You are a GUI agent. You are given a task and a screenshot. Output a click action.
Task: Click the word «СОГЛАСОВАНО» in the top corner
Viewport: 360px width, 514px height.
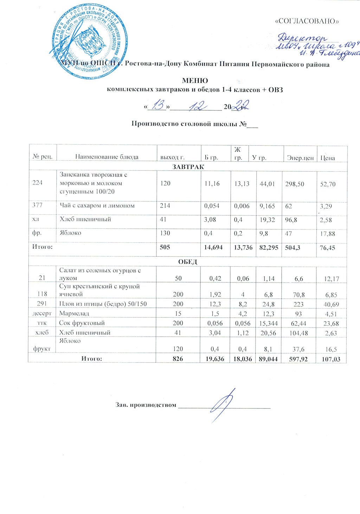[308, 21]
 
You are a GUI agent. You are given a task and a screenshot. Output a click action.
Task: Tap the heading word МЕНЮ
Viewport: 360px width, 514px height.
[194, 81]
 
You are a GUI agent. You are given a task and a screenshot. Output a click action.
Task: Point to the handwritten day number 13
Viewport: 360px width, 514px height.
[157, 106]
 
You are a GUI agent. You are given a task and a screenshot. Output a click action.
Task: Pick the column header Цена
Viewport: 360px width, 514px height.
[327, 158]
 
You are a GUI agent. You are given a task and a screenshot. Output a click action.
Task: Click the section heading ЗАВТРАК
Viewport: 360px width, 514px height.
[188, 166]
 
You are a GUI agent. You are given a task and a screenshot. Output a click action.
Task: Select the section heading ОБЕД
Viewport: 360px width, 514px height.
[188, 262]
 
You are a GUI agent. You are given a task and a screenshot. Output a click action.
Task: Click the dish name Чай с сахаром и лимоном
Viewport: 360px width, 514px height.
[97, 205]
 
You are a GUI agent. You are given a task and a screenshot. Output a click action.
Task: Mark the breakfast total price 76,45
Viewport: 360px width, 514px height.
[327, 248]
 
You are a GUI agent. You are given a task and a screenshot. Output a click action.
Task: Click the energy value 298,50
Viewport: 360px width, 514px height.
[295, 184]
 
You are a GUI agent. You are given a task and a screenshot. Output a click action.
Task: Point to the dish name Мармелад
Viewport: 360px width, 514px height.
[74, 313]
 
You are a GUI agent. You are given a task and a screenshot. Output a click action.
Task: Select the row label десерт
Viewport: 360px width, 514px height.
[43, 313]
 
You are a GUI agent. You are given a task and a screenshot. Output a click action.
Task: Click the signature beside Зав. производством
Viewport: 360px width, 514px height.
[224, 405]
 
